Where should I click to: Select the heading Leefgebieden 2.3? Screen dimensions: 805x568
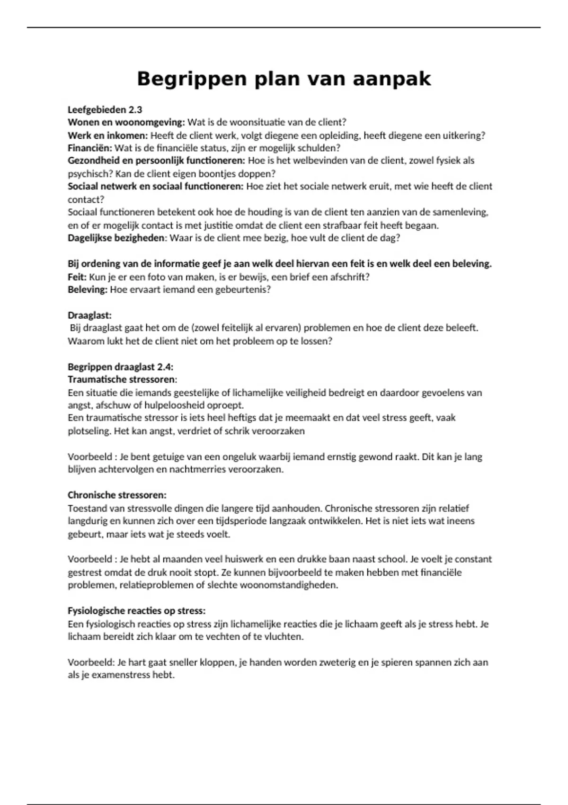click(x=105, y=109)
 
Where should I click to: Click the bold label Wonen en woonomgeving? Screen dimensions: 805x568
click(x=126, y=122)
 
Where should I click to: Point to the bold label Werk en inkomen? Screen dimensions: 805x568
click(x=107, y=135)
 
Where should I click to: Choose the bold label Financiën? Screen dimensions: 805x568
click(x=90, y=148)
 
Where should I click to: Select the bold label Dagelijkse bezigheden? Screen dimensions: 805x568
click(x=116, y=238)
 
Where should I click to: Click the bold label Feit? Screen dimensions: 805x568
click(x=77, y=277)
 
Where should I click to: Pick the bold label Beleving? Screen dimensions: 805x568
click(x=88, y=289)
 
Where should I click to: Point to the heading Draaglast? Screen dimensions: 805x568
click(x=89, y=315)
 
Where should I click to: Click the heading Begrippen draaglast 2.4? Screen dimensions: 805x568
click(x=120, y=367)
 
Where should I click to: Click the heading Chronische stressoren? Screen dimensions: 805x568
click(x=117, y=495)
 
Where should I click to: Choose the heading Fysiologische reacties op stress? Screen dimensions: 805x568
click(x=136, y=611)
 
